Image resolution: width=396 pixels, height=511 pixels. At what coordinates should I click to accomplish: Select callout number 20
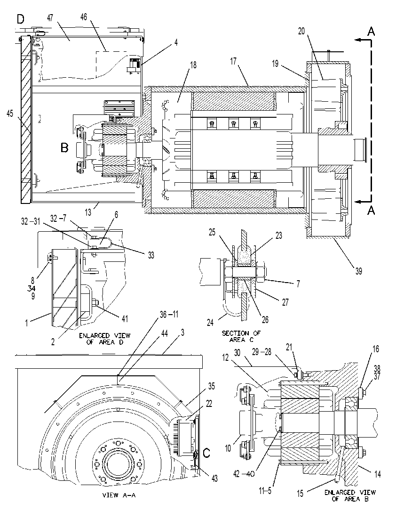301,31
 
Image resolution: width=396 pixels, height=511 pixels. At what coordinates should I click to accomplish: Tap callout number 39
358,271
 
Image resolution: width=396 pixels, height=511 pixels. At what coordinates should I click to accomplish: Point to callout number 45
10,114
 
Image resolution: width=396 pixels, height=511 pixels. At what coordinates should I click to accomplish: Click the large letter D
21,19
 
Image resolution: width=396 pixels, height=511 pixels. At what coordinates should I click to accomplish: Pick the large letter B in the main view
64,148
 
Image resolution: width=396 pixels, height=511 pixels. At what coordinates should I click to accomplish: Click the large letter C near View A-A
206,453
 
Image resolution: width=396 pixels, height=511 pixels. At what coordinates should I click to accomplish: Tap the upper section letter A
371,31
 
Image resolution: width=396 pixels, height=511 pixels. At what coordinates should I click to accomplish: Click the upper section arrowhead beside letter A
358,40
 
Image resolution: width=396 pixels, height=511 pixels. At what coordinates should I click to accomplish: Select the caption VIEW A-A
119,495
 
